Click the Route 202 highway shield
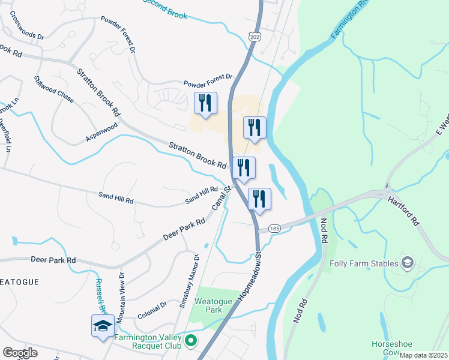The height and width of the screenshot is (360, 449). coord(254,37)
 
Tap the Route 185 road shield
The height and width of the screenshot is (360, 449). coord(275,229)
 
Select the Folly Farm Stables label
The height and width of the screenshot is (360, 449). coord(364,263)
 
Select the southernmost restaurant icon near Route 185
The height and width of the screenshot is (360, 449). coord(259,200)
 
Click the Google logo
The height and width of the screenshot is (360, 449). coord(20,352)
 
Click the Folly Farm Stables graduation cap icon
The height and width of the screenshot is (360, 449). coord(408,263)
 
